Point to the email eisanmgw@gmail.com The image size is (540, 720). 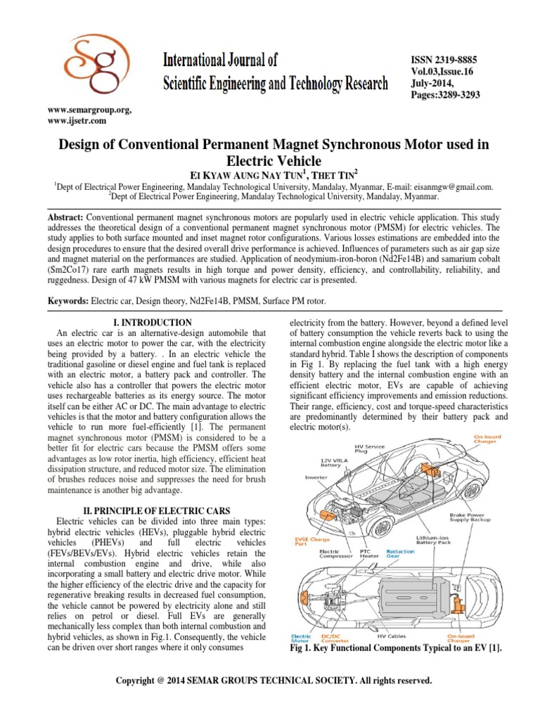coord(455,187)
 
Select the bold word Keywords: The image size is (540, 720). coord(68,301)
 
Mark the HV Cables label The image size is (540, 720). coord(392,636)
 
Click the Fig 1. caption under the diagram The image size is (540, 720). coord(396,649)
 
